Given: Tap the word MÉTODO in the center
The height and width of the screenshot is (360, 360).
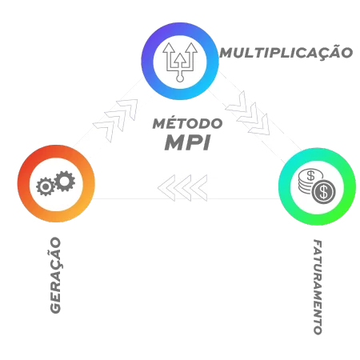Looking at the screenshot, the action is click(x=187, y=123).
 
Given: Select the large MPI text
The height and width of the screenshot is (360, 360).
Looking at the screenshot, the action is click(x=187, y=142).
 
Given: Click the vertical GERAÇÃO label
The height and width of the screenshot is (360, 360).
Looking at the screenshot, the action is click(x=55, y=275).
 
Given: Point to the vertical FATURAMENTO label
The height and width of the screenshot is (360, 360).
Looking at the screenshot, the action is click(x=318, y=287).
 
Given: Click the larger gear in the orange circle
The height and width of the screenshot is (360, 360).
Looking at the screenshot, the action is click(x=65, y=181).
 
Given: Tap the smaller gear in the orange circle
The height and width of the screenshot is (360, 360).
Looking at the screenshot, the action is click(x=46, y=186).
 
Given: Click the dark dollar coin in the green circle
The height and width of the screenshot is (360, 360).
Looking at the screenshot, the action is click(x=324, y=192).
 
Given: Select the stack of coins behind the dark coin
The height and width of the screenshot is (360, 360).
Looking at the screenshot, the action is click(x=308, y=181).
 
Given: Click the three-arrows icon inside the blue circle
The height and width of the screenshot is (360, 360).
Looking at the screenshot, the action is click(x=180, y=62).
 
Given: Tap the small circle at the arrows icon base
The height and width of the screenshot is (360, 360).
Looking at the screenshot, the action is click(x=180, y=78).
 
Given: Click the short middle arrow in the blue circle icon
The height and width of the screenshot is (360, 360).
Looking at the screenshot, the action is click(x=180, y=62).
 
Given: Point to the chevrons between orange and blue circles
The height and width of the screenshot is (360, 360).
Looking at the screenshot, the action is click(x=116, y=119).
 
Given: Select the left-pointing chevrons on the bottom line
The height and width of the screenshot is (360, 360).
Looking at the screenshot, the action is click(x=182, y=188).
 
